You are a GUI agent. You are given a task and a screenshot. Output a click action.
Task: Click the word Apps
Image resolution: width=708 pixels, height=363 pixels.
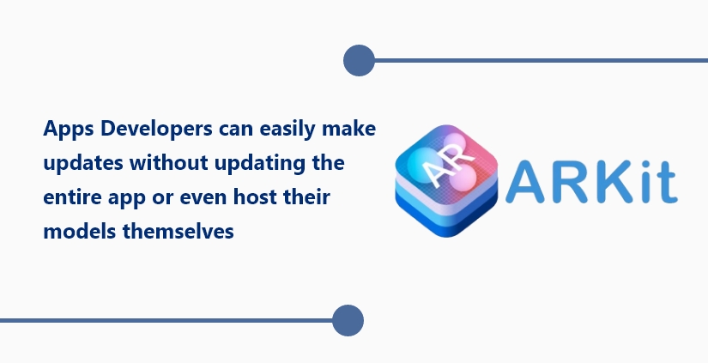[68, 129]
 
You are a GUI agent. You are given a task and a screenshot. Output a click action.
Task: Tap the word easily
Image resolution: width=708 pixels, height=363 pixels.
[287, 129]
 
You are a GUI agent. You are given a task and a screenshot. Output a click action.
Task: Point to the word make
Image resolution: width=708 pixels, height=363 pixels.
[348, 128]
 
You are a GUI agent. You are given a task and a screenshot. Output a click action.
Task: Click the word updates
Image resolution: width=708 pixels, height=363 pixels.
[83, 163]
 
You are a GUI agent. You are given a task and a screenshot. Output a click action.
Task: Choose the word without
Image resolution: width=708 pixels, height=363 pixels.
[169, 162]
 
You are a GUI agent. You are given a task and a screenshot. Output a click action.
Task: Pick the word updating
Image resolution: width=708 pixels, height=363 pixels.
[257, 163]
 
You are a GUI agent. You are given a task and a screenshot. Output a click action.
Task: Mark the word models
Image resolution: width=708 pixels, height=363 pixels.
[80, 232]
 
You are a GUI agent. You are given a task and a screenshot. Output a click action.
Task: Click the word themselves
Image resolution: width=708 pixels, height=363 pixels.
[179, 232]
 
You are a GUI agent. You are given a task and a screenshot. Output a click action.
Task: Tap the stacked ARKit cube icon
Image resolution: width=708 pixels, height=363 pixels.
[446, 180]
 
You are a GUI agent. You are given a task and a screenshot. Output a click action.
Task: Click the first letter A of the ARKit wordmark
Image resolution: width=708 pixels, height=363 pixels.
[526, 181]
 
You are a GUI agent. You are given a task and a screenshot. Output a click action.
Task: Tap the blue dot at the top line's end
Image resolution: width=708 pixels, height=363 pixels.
[359, 60]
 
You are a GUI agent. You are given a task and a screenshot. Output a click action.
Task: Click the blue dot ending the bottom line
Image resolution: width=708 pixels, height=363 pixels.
[348, 321]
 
